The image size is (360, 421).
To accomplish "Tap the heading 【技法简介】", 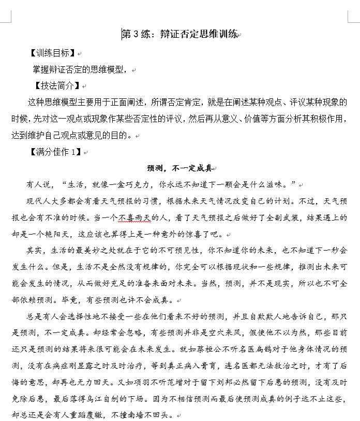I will click(57, 85).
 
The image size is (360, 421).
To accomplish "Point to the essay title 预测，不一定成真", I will click(179, 168).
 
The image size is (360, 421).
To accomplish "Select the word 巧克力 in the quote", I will click(142, 184).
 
